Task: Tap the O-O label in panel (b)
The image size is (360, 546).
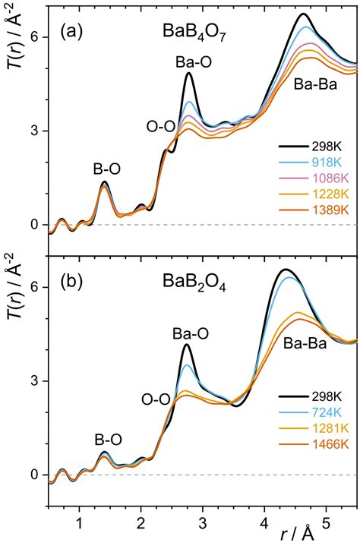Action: click(x=156, y=397)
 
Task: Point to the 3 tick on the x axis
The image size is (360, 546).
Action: click(x=203, y=522)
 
